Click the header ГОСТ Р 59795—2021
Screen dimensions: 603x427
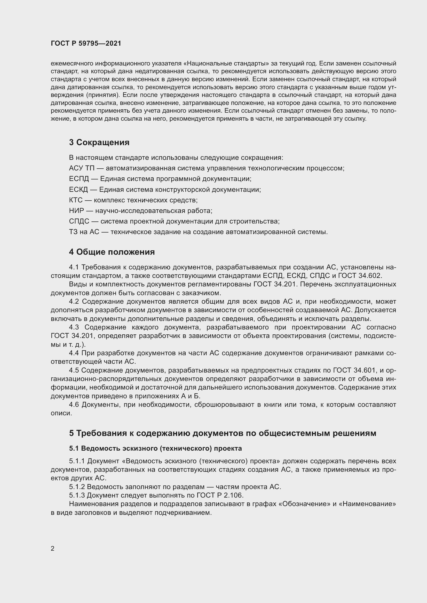(x=86, y=43)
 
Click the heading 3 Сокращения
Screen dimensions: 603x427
(x=99, y=142)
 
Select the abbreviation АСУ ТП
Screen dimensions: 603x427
(x=82, y=168)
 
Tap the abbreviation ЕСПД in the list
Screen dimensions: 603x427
(x=78, y=179)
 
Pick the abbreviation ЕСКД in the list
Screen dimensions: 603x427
(x=78, y=190)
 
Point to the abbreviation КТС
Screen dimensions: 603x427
(x=76, y=200)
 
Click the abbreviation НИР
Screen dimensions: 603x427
(x=76, y=211)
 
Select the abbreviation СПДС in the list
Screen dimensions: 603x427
(x=79, y=221)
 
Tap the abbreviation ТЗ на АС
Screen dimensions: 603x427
(x=84, y=232)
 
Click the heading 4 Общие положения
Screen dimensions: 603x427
(x=112, y=252)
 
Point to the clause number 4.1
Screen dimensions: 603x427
(x=74, y=267)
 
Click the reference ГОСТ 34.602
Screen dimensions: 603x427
(x=359, y=276)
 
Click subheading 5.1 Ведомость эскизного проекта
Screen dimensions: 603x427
(x=155, y=448)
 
